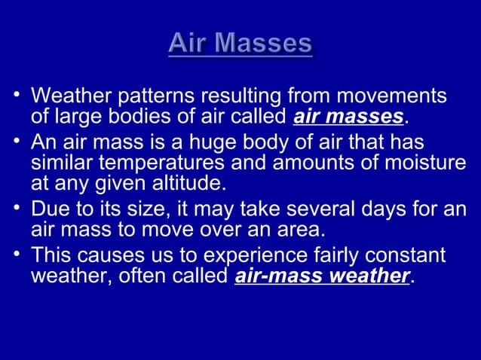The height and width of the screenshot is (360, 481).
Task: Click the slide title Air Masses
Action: pyautogui.click(x=240, y=43)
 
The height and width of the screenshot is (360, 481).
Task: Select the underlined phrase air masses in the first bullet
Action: pyautogui.click(x=348, y=117)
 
